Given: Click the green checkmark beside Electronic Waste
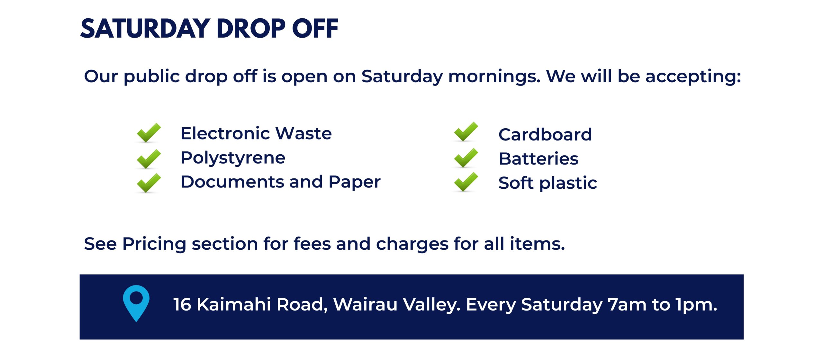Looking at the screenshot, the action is pos(149,132).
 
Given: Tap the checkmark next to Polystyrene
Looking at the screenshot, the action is pos(149,159).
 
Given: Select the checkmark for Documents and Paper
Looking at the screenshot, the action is pos(149,183).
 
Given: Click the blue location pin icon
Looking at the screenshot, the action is pos(136,303).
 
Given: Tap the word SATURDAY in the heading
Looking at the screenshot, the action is pos(145,29).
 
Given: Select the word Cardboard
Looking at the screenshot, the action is pos(545,134).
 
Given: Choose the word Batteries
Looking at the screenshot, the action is pos(539,158).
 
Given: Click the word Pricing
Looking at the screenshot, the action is pos(154,244).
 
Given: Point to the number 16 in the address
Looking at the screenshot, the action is pos(182,304).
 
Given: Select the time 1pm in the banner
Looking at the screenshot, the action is pos(696,305).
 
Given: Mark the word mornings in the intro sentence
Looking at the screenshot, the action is pos(494,77).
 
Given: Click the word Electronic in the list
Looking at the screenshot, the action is pos(225,133).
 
